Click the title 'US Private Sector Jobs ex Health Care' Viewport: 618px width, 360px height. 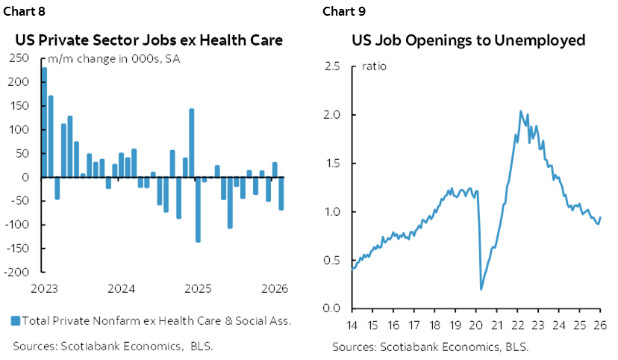click(152, 40)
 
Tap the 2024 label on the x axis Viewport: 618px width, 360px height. click(120, 288)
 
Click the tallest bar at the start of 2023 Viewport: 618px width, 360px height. click(44, 122)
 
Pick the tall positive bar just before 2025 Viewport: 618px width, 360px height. click(192, 143)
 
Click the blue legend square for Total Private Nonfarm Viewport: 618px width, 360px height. click(16, 321)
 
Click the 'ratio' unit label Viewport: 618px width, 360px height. click(374, 66)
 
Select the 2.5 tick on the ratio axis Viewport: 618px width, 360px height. click(332, 66)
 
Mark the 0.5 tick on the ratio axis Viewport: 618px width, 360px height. click(332, 260)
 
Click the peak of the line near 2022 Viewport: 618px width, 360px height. click(520, 111)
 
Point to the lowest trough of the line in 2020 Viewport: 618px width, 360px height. click(481, 289)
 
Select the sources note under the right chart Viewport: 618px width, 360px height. click(420, 347)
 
